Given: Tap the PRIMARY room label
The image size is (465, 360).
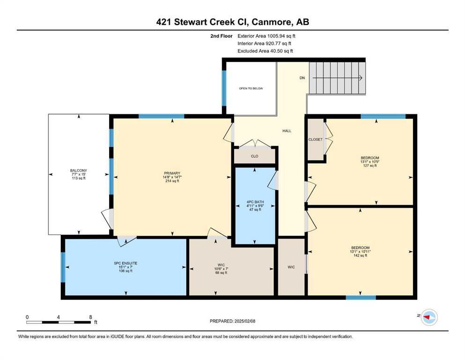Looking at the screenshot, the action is pyautogui.click(x=172, y=173).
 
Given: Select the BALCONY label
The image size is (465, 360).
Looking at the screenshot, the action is pyautogui.click(x=79, y=170).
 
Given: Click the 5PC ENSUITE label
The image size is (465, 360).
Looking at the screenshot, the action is pyautogui.click(x=126, y=263).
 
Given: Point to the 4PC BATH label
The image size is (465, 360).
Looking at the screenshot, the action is pyautogui.click(x=255, y=202).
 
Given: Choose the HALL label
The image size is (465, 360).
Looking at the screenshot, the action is pyautogui.click(x=287, y=131).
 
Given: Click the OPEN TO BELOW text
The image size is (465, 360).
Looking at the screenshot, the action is pyautogui.click(x=251, y=89).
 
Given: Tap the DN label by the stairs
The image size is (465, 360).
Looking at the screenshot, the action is pyautogui.click(x=302, y=78).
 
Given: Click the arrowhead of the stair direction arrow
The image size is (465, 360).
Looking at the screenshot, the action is pyautogui.click(x=361, y=78).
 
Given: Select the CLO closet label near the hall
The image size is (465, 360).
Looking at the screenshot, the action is pyautogui.click(x=254, y=156).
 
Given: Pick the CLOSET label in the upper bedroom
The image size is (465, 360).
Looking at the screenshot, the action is pyautogui.click(x=315, y=140).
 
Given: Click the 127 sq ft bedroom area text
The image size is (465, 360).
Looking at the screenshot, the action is pyautogui.click(x=370, y=165).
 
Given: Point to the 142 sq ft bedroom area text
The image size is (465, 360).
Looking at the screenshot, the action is pyautogui.click(x=360, y=255).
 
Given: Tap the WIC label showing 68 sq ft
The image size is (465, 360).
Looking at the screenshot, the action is pyautogui.click(x=221, y=265).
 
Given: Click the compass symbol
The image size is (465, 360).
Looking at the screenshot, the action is pyautogui.click(x=429, y=317).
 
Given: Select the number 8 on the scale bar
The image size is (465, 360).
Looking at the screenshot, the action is pyautogui.click(x=90, y=317).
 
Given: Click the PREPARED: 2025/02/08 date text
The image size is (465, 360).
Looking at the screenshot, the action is pyautogui.click(x=232, y=321).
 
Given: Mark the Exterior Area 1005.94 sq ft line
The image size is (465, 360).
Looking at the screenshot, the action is pyautogui.click(x=266, y=36).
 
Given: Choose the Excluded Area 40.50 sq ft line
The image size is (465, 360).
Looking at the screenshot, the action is pyautogui.click(x=265, y=51).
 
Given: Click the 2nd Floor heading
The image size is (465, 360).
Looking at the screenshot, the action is pyautogui.click(x=221, y=36).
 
